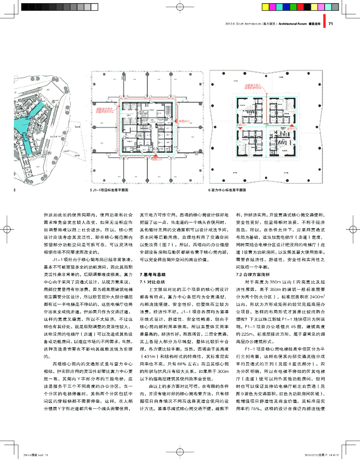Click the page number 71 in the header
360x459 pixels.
(331, 24)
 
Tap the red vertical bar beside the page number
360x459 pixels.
(326, 24)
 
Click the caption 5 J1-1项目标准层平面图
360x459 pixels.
(109, 190)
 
